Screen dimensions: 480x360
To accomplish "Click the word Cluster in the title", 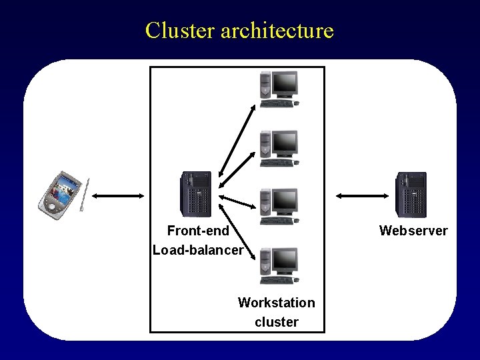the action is tap(180, 30).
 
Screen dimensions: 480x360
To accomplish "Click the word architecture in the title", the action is tap(277, 31).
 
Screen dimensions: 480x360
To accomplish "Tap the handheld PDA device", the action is tap(60, 195).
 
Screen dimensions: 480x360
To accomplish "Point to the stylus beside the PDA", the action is tap(85, 195).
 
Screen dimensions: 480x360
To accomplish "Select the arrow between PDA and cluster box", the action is tap(118, 196).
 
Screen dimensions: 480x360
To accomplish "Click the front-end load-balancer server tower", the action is tap(196, 194).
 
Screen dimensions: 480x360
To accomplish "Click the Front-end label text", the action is tap(198, 231).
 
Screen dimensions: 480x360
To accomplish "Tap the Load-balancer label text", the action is tap(198, 250).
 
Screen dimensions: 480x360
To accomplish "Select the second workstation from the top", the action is tap(279, 149).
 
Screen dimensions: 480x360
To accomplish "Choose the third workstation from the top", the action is tap(279, 207).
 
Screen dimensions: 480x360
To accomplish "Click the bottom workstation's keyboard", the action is tap(277, 280).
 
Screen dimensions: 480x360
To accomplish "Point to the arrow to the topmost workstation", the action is tap(237, 141).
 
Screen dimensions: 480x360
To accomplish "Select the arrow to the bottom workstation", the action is tap(237, 232).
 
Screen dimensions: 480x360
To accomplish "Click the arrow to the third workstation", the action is tap(237, 202).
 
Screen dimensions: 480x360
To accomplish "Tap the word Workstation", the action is tap(277, 303).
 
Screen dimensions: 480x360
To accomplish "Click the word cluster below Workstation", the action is tap(277, 322).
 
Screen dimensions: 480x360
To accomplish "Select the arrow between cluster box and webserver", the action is tap(362, 196).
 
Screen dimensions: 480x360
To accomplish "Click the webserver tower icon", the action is tap(411, 195).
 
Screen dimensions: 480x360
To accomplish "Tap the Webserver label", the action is tap(413, 231).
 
